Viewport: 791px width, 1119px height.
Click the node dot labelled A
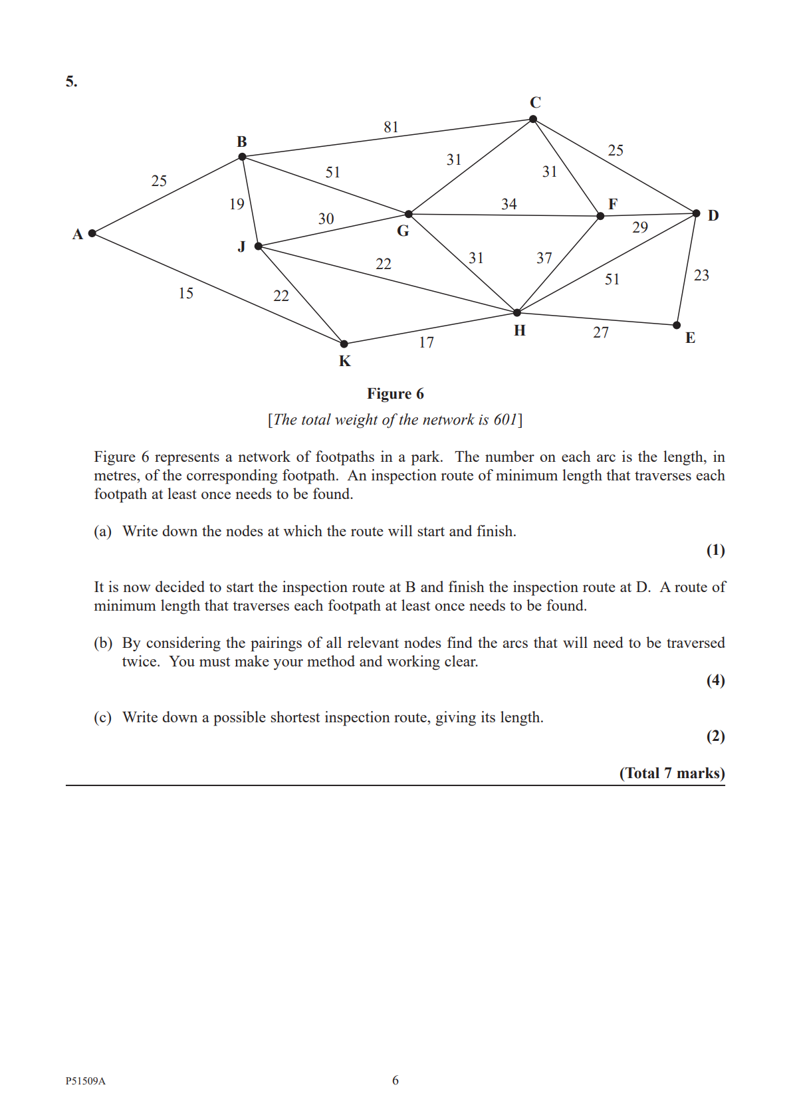point(92,233)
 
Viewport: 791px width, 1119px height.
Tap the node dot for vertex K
point(344,344)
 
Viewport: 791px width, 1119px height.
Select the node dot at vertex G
point(409,214)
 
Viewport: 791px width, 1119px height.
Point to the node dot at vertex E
point(677,325)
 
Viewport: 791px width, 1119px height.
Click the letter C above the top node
point(535,102)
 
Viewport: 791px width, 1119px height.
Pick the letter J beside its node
point(241,247)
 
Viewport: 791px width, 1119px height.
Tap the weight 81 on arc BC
point(391,127)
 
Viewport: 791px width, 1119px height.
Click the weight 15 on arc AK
point(186,293)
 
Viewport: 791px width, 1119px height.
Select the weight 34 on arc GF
point(508,204)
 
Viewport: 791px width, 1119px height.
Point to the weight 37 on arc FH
point(544,258)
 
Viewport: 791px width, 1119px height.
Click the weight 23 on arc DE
point(701,275)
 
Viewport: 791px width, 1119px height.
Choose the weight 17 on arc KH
point(426,342)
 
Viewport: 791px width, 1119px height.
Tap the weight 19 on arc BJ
point(237,204)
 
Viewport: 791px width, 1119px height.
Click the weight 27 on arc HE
point(601,332)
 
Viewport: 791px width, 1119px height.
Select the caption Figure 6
point(395,394)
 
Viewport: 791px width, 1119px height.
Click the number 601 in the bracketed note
point(505,420)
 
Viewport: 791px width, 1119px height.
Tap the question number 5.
point(71,82)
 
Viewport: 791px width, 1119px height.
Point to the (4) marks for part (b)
point(715,680)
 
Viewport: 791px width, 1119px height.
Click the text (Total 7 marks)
point(672,773)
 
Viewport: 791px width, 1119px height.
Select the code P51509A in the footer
point(86,1080)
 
